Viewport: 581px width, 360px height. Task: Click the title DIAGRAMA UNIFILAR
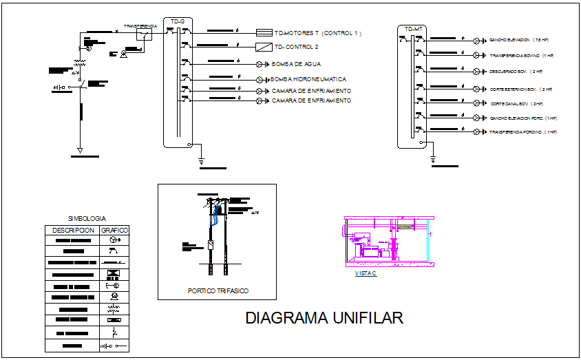point(324,318)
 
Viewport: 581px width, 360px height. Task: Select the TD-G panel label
point(178,22)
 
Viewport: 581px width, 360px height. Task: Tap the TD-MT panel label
point(413,29)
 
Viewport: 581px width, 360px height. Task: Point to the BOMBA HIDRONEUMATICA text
point(310,80)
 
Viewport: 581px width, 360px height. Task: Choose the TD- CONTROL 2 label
point(296,47)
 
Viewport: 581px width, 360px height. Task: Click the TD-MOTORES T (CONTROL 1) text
point(317,32)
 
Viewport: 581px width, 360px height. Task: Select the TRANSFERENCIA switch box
point(144,35)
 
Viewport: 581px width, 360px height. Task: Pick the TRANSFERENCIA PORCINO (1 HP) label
point(522,131)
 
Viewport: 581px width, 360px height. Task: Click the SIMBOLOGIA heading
point(87,218)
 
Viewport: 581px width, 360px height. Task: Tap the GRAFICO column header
point(114,230)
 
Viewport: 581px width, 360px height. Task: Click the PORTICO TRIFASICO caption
point(218,291)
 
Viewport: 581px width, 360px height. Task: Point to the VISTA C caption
point(366,273)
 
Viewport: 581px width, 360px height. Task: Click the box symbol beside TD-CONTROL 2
point(264,47)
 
